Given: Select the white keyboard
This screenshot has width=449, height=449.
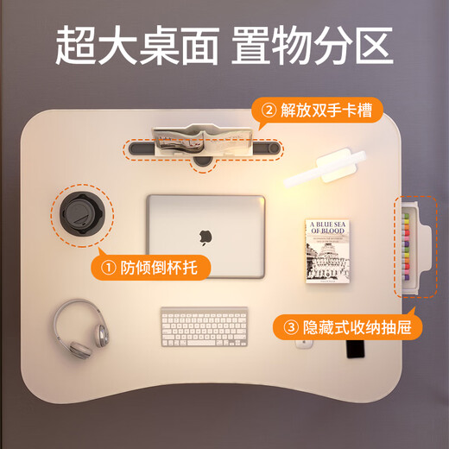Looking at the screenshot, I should (204, 326).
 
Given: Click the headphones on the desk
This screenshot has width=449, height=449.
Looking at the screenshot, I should (73, 326).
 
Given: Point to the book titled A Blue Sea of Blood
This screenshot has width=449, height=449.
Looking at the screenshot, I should (326, 251).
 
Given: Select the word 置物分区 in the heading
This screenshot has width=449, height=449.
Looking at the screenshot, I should (313, 45).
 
